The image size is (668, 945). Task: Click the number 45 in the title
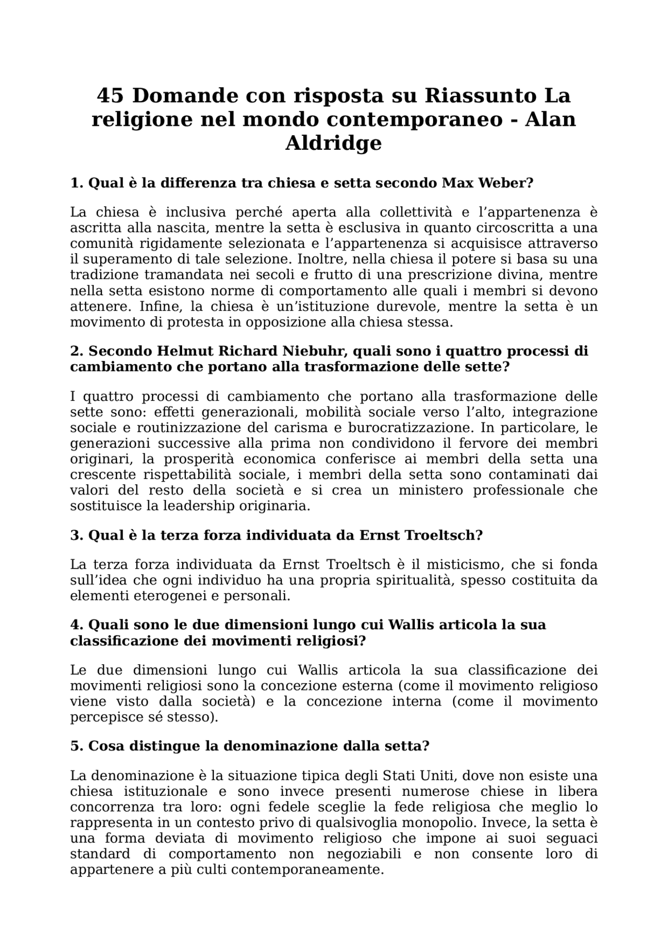coord(111,96)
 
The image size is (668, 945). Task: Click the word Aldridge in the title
coord(333,143)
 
